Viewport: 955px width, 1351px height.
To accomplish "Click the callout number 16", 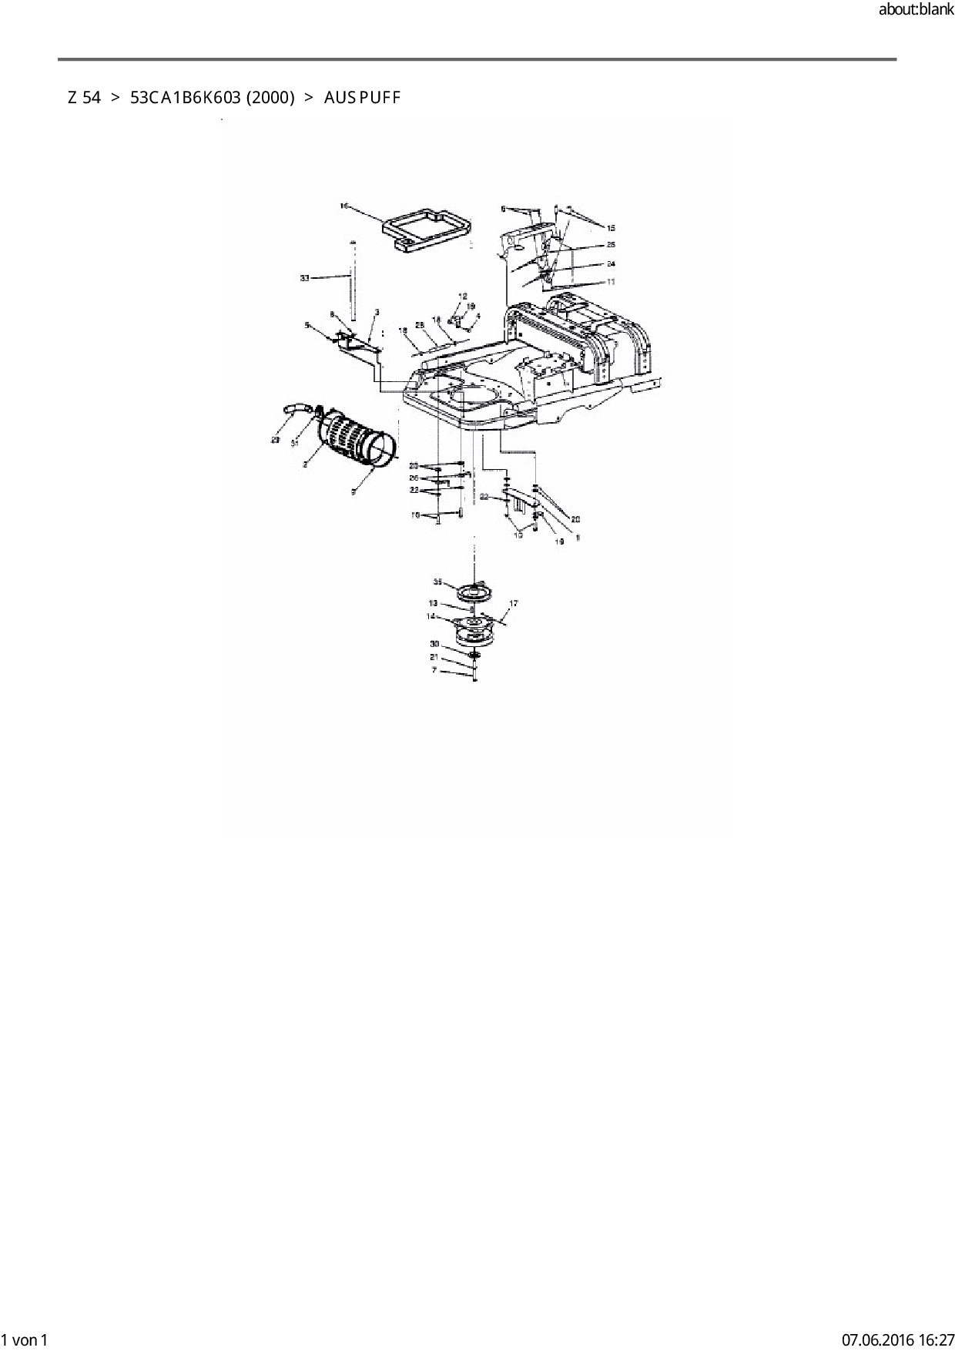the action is pyautogui.click(x=344, y=206).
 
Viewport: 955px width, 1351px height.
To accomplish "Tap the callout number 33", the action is pyautogui.click(x=305, y=278).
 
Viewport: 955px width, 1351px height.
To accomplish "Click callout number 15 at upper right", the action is pyautogui.click(x=612, y=228).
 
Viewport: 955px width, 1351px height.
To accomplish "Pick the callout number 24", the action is pyautogui.click(x=611, y=263).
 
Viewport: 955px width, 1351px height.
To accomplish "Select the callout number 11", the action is pyautogui.click(x=611, y=282).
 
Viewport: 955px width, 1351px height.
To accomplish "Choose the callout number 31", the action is pyautogui.click(x=294, y=444).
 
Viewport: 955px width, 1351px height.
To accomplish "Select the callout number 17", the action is pyautogui.click(x=514, y=604).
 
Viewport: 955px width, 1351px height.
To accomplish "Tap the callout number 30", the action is pyautogui.click(x=434, y=643).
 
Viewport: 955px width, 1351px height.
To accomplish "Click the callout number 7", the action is pyautogui.click(x=434, y=670).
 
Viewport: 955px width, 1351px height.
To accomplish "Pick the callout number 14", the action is pyautogui.click(x=431, y=616).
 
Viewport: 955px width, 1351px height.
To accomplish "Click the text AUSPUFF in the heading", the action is pyautogui.click(x=362, y=98).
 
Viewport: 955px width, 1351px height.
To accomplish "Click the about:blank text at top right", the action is pyautogui.click(x=916, y=10).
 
